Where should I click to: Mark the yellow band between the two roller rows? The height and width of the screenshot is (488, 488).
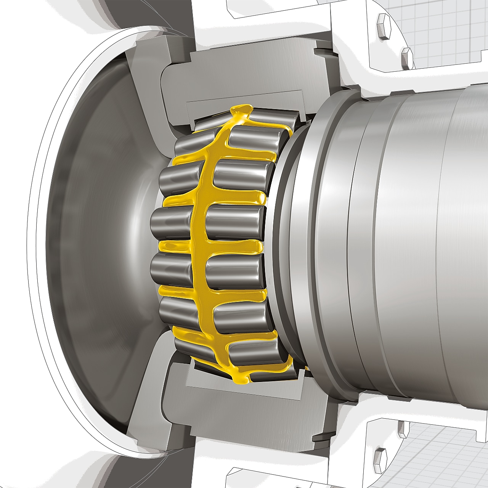coord(199,244)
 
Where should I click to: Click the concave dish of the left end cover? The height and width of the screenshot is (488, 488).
coord(95,244)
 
